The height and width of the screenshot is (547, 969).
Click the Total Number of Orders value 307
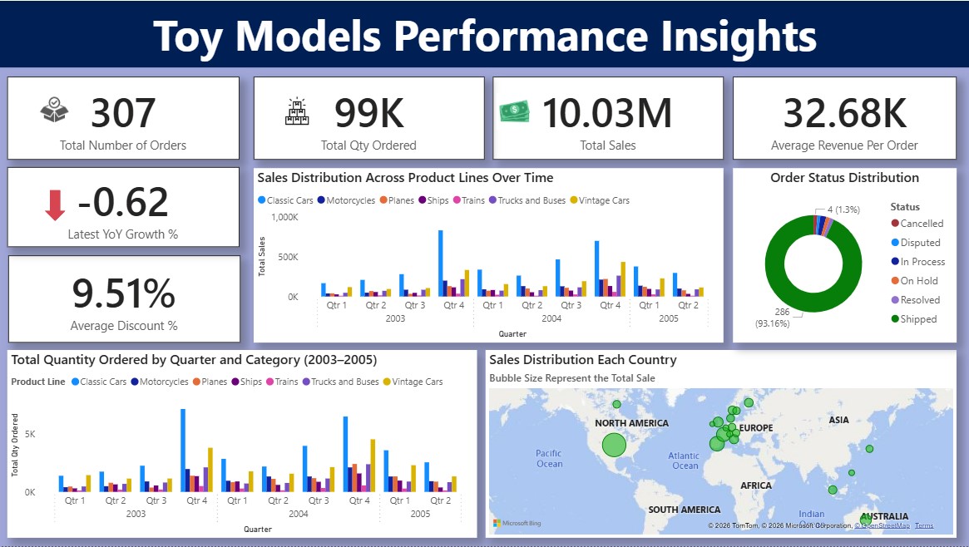tap(123, 114)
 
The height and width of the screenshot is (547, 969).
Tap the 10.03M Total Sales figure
tap(606, 114)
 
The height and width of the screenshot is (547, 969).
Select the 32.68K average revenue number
tap(844, 114)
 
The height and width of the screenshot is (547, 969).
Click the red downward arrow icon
tap(55, 205)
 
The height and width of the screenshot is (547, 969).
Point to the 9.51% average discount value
tap(123, 293)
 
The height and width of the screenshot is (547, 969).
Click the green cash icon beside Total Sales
tap(515, 111)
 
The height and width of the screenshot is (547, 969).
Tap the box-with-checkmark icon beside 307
tap(54, 111)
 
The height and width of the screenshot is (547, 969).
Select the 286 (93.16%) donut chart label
tap(771, 318)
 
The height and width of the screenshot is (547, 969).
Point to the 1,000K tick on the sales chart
tap(284, 217)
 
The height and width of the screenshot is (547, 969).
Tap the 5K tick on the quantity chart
tap(29, 434)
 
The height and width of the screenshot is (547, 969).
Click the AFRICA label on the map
tap(756, 485)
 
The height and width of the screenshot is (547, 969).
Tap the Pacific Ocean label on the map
tap(549, 458)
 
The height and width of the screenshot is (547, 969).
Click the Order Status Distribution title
tap(844, 178)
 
